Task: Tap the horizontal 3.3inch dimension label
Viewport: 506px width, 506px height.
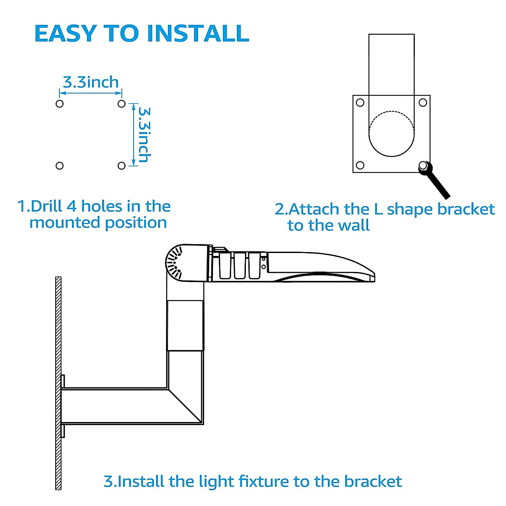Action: [91, 82]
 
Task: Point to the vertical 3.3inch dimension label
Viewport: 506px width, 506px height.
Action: [145, 135]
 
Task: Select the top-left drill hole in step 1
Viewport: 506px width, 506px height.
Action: [59, 104]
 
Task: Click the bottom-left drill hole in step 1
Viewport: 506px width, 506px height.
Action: [59, 166]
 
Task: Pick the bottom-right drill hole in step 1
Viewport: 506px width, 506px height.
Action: [121, 166]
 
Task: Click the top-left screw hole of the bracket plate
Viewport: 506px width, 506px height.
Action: [360, 102]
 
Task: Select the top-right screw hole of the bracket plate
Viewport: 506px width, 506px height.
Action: [423, 102]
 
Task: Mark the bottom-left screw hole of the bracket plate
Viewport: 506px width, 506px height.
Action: [360, 165]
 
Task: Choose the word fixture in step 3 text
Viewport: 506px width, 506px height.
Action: [264, 482]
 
